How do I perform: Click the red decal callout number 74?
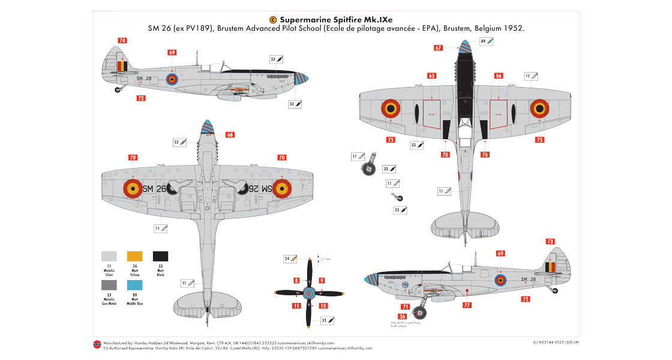[x=122, y=41]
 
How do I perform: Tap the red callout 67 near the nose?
[x=439, y=48]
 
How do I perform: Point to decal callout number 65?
[x=431, y=76]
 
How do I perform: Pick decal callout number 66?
[x=499, y=76]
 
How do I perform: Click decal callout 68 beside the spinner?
[x=230, y=134]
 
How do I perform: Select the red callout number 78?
[x=445, y=154]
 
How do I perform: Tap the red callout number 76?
[x=484, y=154]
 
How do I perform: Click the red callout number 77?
[x=467, y=304]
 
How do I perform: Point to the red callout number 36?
[x=402, y=316]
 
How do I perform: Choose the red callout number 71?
[x=405, y=307]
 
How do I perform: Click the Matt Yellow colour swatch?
[x=134, y=256]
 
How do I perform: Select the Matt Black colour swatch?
[x=160, y=256]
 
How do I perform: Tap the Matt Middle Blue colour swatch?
[x=134, y=285]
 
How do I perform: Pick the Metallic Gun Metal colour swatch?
[x=109, y=285]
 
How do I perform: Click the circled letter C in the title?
[x=273, y=19]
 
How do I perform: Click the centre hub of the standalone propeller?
[x=309, y=293]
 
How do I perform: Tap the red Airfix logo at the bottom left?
[x=97, y=344]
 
